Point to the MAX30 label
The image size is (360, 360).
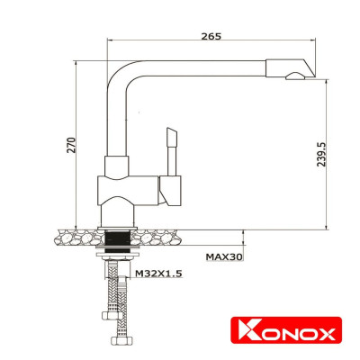(x=224, y=256)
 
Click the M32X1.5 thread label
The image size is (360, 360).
(x=157, y=273)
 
